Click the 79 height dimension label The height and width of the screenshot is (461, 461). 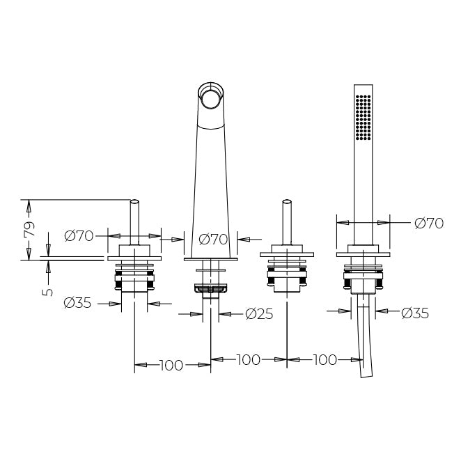(x=29, y=228)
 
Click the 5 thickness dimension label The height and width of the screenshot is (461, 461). (x=47, y=292)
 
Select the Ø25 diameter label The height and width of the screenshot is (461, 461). (x=259, y=314)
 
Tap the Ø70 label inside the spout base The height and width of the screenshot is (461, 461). (x=214, y=240)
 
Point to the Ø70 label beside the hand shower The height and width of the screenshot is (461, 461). (x=429, y=224)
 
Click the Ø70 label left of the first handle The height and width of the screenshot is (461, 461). (x=79, y=236)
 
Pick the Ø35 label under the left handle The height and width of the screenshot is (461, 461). (x=77, y=303)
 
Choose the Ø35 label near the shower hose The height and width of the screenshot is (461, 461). (x=415, y=313)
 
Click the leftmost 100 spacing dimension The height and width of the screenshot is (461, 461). (x=171, y=365)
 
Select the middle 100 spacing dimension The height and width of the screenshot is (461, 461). (x=249, y=359)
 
